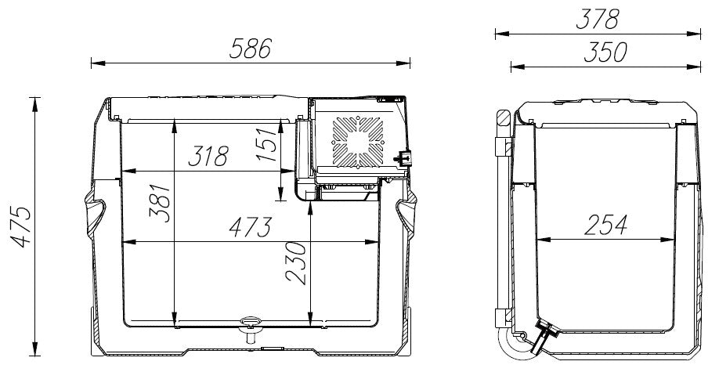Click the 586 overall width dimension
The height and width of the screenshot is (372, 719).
(251, 48)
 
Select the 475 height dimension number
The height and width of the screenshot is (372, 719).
(21, 227)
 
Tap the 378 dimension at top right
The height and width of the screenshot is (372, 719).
(598, 20)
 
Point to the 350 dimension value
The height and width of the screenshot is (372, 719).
(605, 52)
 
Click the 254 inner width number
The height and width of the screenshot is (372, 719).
(605, 225)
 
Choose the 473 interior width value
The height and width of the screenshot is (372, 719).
(251, 227)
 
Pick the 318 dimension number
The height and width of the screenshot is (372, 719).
(208, 156)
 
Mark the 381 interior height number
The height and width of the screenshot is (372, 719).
(160, 203)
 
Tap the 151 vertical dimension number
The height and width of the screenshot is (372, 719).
(267, 143)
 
